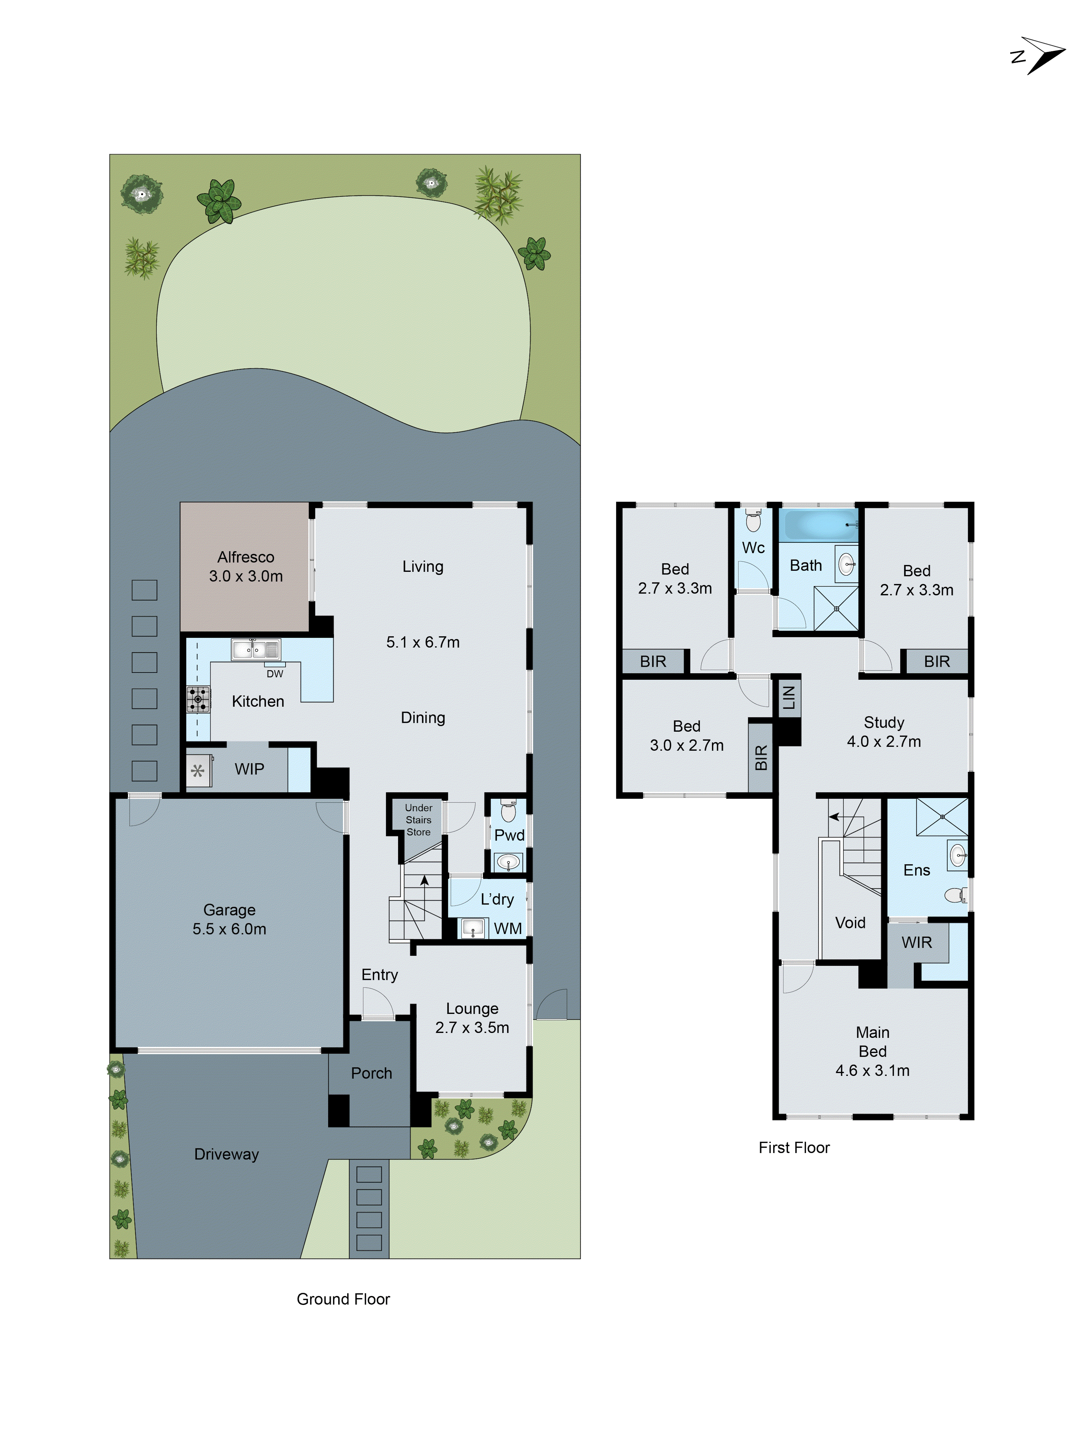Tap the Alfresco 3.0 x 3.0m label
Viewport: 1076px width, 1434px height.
(x=245, y=566)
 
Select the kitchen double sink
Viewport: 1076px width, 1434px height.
(x=255, y=649)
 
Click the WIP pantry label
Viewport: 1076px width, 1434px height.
(x=249, y=769)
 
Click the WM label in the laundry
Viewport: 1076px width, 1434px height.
(x=507, y=929)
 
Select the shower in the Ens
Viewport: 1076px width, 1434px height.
(x=942, y=817)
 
